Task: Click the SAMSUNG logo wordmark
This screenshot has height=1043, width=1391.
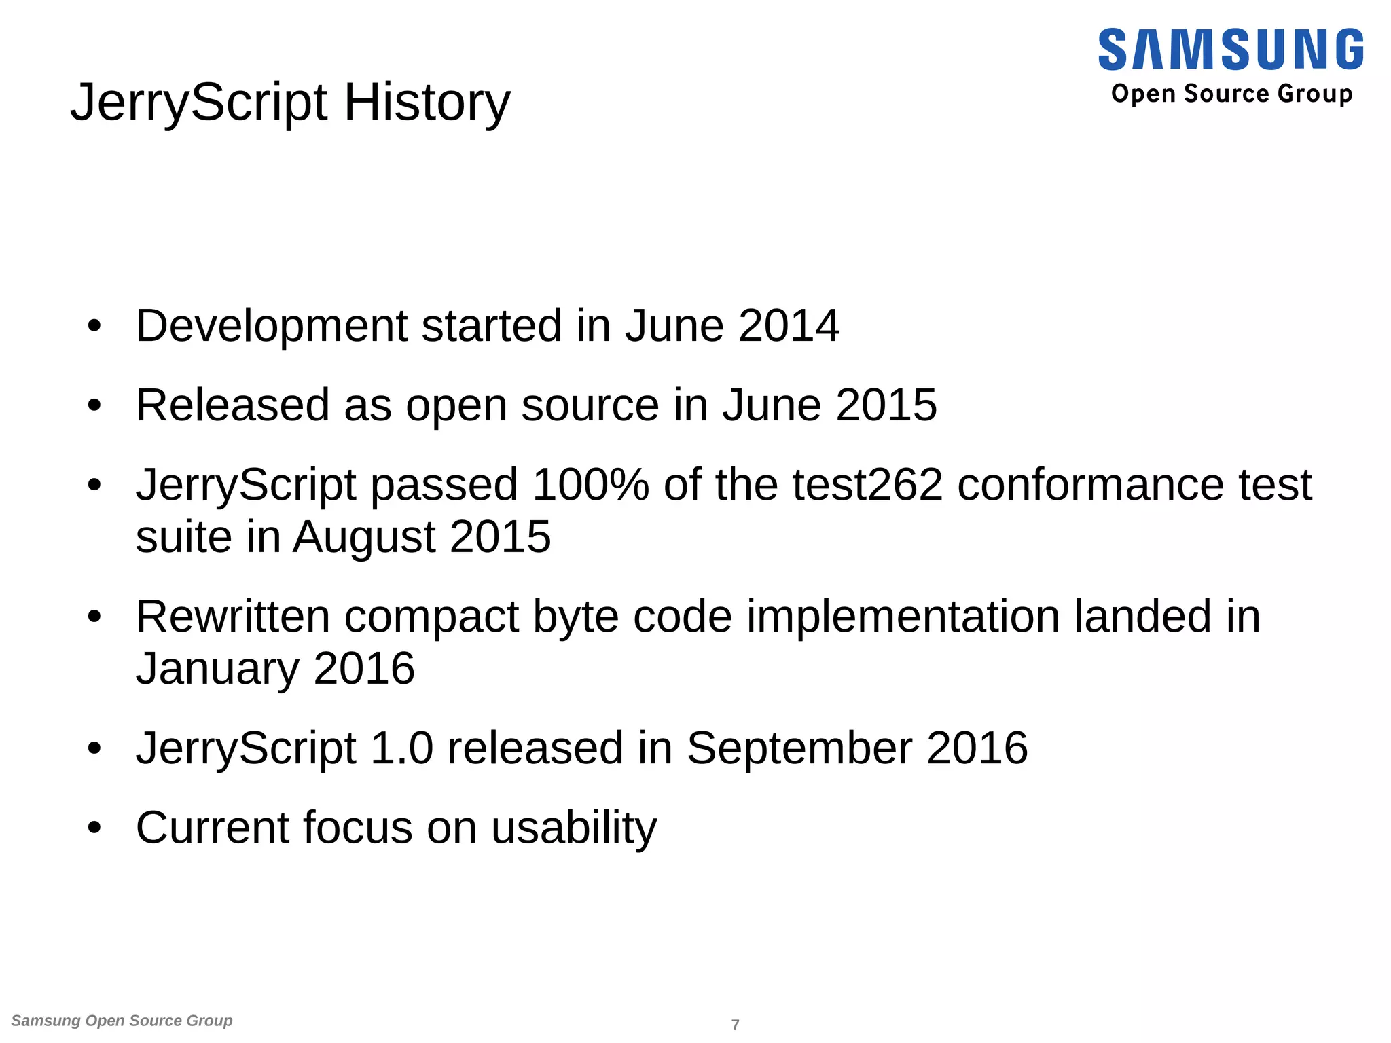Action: (x=1230, y=50)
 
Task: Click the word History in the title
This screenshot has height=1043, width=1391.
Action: (x=427, y=103)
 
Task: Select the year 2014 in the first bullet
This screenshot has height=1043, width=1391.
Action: (x=789, y=326)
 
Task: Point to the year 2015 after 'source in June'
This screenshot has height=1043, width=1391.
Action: (x=886, y=405)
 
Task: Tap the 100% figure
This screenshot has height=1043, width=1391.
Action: (x=590, y=485)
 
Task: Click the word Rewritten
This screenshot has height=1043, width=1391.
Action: (x=233, y=617)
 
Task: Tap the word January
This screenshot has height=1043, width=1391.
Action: (x=217, y=669)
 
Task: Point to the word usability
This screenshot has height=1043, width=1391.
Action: (x=574, y=828)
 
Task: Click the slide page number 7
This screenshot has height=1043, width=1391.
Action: (x=735, y=1025)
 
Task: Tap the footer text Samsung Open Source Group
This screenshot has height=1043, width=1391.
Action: (x=122, y=1021)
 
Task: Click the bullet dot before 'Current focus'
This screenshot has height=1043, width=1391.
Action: (x=94, y=828)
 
